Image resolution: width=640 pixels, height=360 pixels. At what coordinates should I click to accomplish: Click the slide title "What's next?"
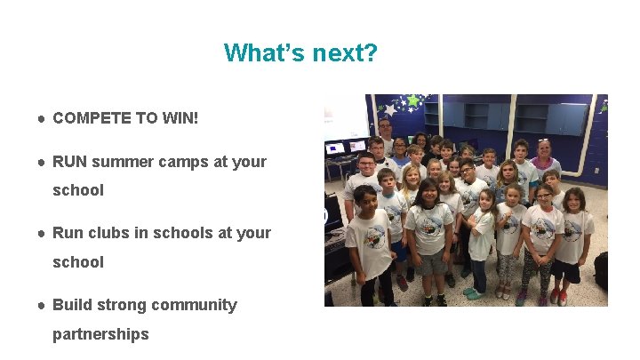coord(300,52)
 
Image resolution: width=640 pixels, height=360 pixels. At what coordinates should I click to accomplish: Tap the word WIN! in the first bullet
coord(180,117)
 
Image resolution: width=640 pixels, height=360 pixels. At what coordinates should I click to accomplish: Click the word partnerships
coord(100,334)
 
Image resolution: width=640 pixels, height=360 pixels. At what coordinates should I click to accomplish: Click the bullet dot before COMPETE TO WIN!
coord(42,118)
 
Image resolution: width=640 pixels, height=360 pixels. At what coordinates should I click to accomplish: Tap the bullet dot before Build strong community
coord(42,305)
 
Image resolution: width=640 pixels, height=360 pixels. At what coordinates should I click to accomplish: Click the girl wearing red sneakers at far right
coord(572,240)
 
